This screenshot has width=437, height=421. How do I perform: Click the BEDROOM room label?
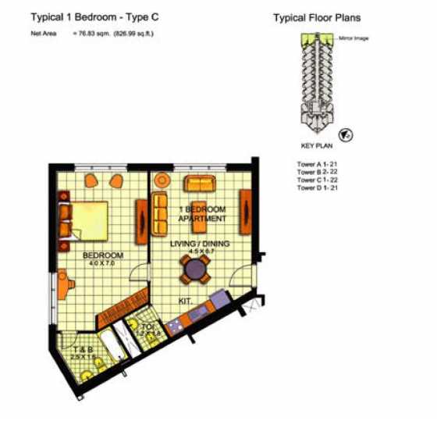coord(102,255)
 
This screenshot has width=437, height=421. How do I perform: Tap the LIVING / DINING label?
coord(201,244)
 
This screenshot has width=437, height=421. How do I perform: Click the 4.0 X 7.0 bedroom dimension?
coord(102,263)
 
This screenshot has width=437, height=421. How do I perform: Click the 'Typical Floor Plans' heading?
coord(317,17)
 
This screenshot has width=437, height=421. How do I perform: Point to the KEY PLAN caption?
coord(317,146)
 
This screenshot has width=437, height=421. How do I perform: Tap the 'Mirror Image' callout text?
coord(354,37)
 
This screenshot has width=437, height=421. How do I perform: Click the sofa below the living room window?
coord(201,184)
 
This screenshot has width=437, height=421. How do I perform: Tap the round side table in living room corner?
coord(161,182)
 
